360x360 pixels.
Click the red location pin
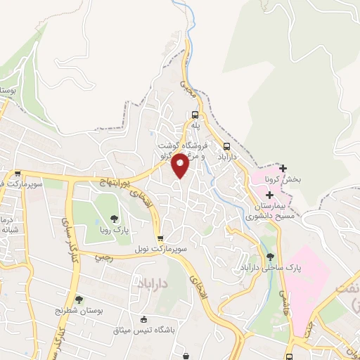(x=181, y=165)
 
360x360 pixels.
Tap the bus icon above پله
(x=196, y=115)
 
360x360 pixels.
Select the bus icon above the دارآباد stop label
(x=226, y=146)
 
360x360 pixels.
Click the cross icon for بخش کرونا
(x=283, y=168)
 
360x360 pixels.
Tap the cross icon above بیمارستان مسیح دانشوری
(x=269, y=193)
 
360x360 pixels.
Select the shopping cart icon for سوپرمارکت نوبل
(x=161, y=238)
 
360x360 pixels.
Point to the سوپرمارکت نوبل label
(x=161, y=250)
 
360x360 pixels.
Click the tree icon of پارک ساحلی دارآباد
(x=271, y=256)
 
